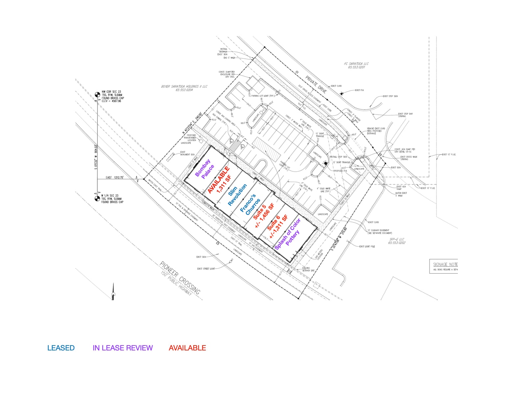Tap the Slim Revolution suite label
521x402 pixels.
point(237,194)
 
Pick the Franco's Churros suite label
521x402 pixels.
point(250,204)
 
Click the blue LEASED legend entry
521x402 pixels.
point(61,348)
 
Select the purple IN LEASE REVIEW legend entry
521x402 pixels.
point(123,348)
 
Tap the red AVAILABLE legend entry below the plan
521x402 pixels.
point(187,348)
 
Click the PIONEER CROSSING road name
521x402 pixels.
point(180,278)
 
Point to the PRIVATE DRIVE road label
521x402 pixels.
point(316,84)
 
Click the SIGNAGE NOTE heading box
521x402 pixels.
point(444,264)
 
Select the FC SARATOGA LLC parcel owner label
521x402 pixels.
point(356,64)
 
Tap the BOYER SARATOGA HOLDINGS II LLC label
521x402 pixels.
point(184,87)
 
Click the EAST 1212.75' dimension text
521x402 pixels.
point(114,177)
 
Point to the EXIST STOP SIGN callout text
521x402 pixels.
point(390,96)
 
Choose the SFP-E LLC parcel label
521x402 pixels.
point(397,239)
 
